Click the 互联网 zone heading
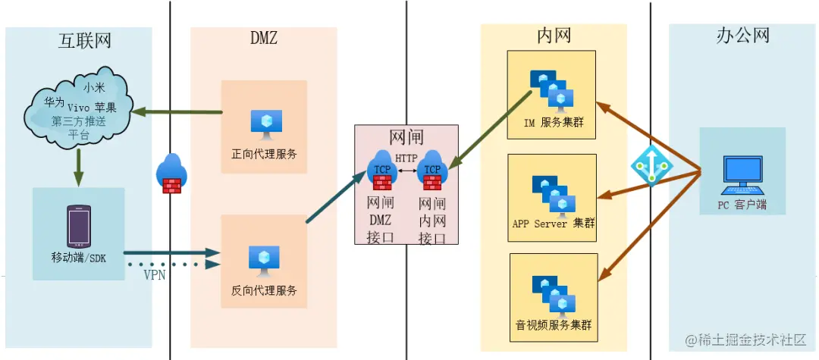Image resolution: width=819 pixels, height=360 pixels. click(85, 40)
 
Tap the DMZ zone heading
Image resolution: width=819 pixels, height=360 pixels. click(263, 38)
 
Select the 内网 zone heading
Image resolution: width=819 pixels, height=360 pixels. click(554, 35)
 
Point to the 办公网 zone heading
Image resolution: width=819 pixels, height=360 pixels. click(743, 36)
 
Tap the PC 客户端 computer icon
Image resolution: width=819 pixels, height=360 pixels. click(742, 175)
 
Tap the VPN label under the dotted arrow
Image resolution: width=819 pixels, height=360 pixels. click(155, 276)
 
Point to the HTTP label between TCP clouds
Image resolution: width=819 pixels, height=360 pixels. click(406, 158)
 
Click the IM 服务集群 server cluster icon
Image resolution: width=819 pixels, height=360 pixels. click(552, 89)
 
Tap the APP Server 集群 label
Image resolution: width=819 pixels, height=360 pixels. click(554, 224)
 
